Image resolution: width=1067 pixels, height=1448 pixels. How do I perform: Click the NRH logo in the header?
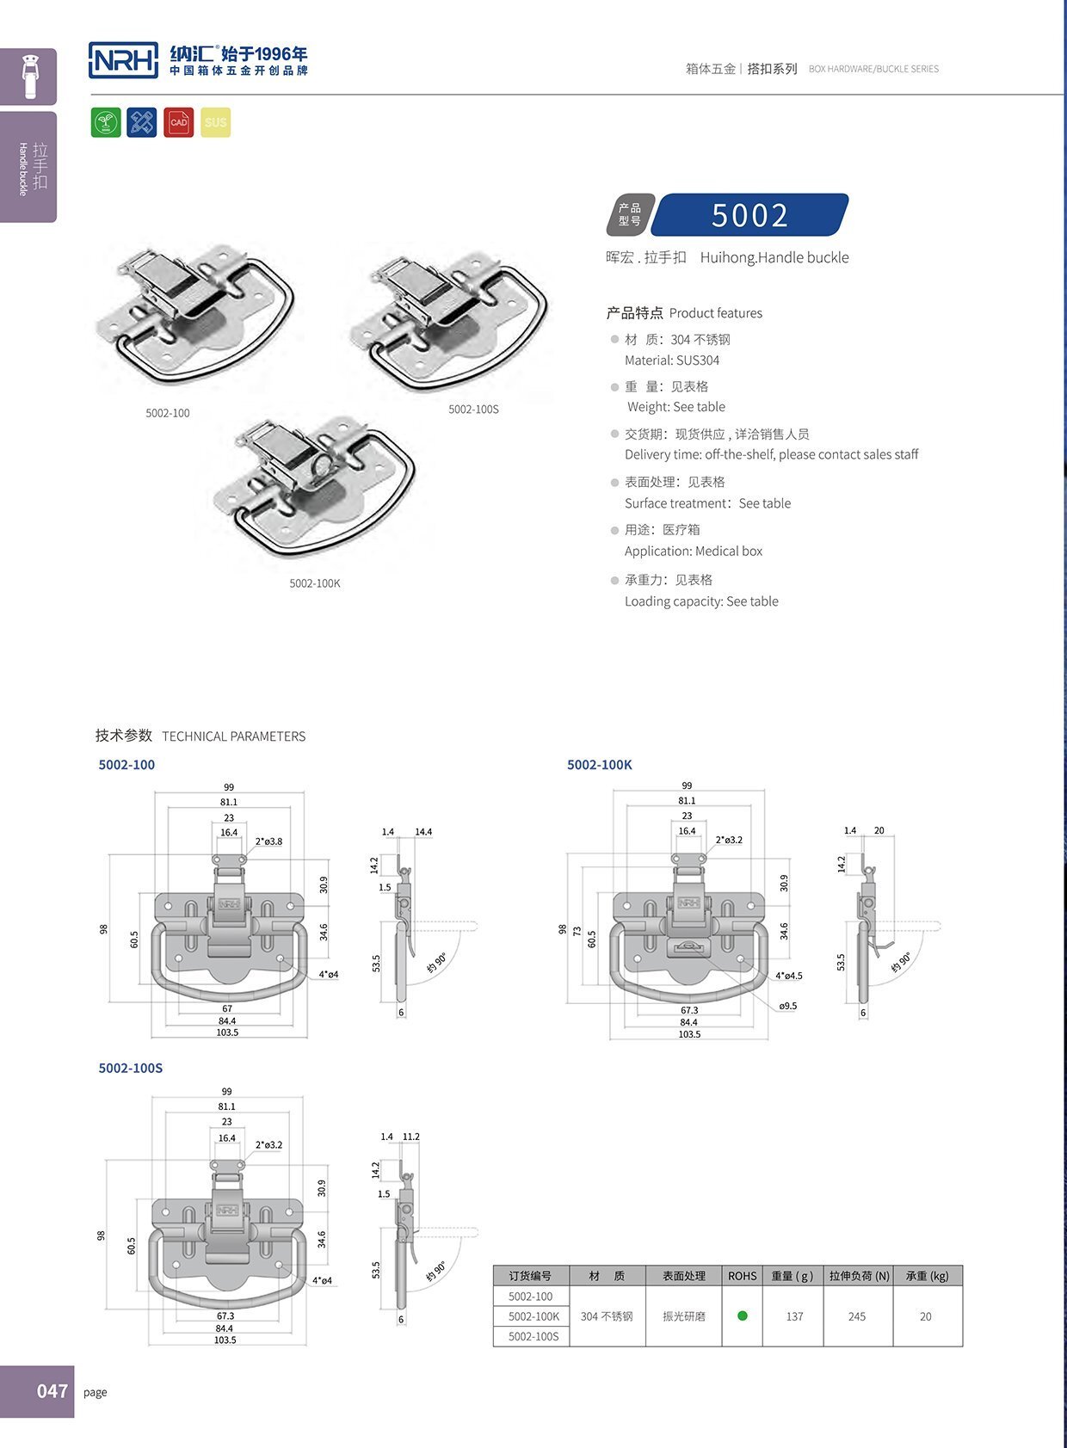[123, 59]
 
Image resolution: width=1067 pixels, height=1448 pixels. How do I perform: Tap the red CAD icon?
[178, 122]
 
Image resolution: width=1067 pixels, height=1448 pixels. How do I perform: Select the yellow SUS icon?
[215, 122]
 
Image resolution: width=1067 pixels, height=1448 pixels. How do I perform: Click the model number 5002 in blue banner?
[749, 215]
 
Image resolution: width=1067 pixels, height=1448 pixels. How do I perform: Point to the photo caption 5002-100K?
[315, 583]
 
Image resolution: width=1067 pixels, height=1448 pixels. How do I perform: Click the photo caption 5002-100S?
[473, 410]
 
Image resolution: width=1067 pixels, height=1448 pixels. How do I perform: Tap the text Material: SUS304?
[672, 360]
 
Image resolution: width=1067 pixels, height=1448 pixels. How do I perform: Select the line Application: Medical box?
[694, 551]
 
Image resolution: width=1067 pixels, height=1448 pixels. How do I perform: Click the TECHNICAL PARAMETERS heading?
[233, 736]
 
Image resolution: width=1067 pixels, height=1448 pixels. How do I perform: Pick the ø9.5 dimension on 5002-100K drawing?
[787, 1005]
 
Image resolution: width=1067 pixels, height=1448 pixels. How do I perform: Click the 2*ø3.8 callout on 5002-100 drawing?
[268, 841]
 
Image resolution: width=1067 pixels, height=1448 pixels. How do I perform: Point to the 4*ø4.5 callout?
[788, 976]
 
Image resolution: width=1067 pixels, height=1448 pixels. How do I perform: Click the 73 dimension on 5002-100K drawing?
[577, 933]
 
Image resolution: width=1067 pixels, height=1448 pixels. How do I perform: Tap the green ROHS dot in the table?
[743, 1316]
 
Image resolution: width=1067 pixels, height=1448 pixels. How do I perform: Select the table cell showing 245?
[857, 1316]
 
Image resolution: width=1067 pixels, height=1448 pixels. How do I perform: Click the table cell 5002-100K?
[533, 1316]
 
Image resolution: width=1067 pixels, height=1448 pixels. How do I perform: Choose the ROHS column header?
[743, 1276]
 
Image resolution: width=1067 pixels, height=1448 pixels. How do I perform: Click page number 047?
[52, 1391]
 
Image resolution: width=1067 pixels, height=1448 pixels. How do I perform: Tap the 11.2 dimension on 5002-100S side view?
[411, 1137]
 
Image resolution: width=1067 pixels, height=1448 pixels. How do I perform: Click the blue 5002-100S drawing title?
[130, 1068]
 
